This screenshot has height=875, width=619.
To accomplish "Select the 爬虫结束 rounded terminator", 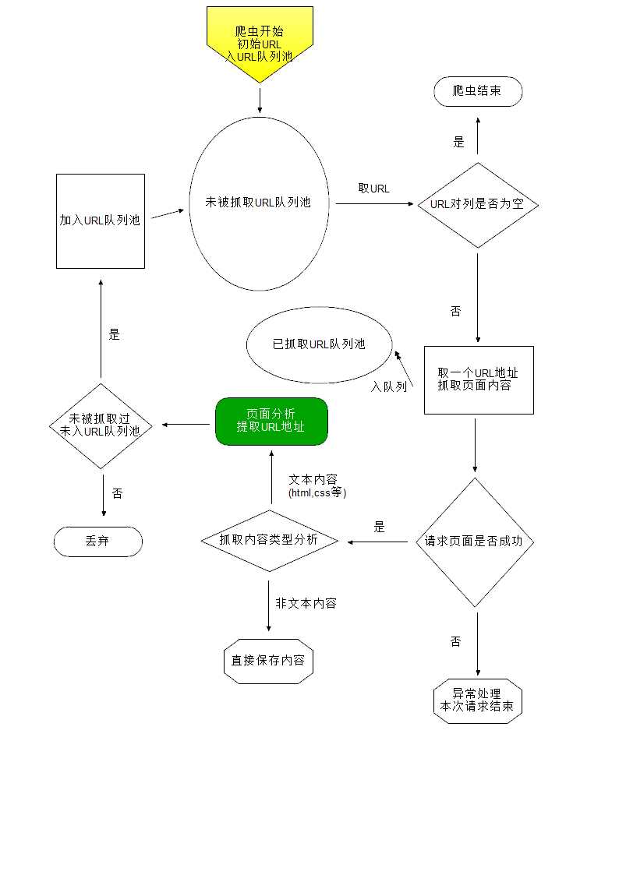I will coord(477,92).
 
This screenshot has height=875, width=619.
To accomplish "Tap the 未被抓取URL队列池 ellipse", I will coord(260,203).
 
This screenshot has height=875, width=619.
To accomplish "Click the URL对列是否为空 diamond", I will coord(477,205).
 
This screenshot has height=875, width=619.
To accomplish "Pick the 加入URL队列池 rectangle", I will coord(101,221).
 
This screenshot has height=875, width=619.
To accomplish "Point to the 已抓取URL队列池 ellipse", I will coord(319,344).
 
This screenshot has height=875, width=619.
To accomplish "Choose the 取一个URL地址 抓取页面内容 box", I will coord(478,379).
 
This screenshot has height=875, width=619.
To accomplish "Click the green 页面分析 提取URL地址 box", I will coord(271,422).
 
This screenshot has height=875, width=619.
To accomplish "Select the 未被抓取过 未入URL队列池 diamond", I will coord(101,425).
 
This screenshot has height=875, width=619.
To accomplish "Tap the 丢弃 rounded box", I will coord(97,542).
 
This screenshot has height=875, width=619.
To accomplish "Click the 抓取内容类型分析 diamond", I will coord(269,540).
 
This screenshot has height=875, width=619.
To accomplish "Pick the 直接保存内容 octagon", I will coord(268,661).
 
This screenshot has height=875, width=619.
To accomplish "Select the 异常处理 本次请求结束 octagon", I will coord(477,700).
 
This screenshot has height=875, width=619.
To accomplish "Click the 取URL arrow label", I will coord(374,189).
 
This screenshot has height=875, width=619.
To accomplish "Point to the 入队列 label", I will coord(389,386).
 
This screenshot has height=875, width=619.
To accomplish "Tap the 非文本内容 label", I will coord(306,603).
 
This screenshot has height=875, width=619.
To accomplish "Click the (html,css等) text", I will coord(317,492).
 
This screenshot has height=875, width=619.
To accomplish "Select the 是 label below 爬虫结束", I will coord(458,143).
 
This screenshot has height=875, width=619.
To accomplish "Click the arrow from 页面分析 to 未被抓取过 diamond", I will coord(187,425).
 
